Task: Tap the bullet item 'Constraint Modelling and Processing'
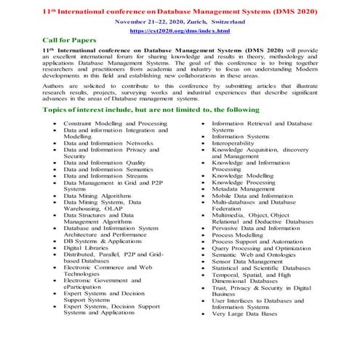coord(115,124)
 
